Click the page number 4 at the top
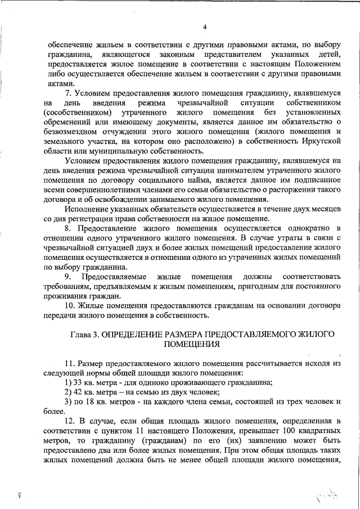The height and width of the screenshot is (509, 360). (205, 26)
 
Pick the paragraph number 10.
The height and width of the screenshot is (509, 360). (70, 306)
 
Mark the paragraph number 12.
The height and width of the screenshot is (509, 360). (70, 421)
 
